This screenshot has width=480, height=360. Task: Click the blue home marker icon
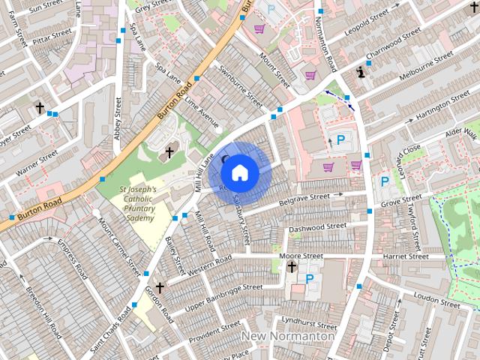tap(239, 172)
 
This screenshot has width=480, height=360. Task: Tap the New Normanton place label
tap(288, 337)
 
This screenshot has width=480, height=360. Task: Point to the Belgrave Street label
tap(304, 199)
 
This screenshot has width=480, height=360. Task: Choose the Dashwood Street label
tap(317, 226)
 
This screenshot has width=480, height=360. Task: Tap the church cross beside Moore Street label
tap(292, 266)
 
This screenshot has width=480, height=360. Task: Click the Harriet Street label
tap(404, 256)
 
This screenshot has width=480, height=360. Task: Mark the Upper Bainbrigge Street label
tap(223, 295)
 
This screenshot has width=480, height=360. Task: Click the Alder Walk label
tap(460, 133)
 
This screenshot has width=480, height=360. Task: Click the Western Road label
tap(209, 265)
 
